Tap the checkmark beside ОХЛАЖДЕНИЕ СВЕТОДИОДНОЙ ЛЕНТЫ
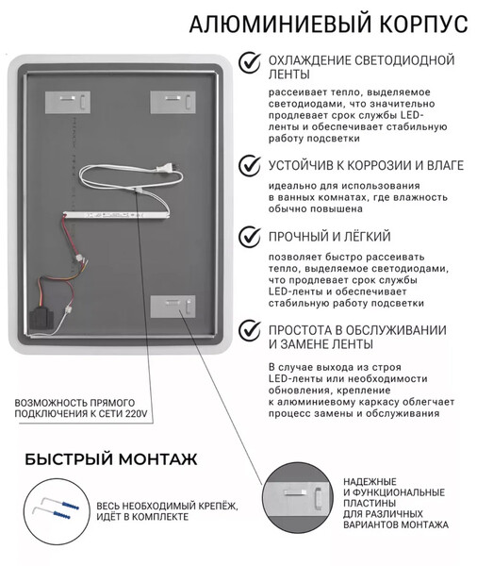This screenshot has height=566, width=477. tap(249, 62)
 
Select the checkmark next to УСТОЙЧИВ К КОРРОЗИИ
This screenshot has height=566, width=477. tap(249, 166)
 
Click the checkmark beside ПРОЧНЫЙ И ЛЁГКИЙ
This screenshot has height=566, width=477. tap(249, 237)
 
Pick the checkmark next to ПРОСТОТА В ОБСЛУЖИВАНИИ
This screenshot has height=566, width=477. tap(249, 330)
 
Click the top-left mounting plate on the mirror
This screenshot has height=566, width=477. tap(68, 102)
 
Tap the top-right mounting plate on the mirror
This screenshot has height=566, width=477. tap(173, 102)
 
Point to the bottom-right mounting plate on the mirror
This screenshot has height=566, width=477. tap(173, 307)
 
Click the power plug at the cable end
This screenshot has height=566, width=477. tap(166, 168)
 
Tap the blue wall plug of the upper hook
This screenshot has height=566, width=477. tap(70, 505)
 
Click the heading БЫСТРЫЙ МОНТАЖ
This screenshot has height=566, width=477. tap(111, 459)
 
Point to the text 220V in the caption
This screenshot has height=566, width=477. tap(137, 413)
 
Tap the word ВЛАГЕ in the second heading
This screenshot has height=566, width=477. tap(445, 165)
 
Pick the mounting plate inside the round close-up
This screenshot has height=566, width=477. tap(297, 498)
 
